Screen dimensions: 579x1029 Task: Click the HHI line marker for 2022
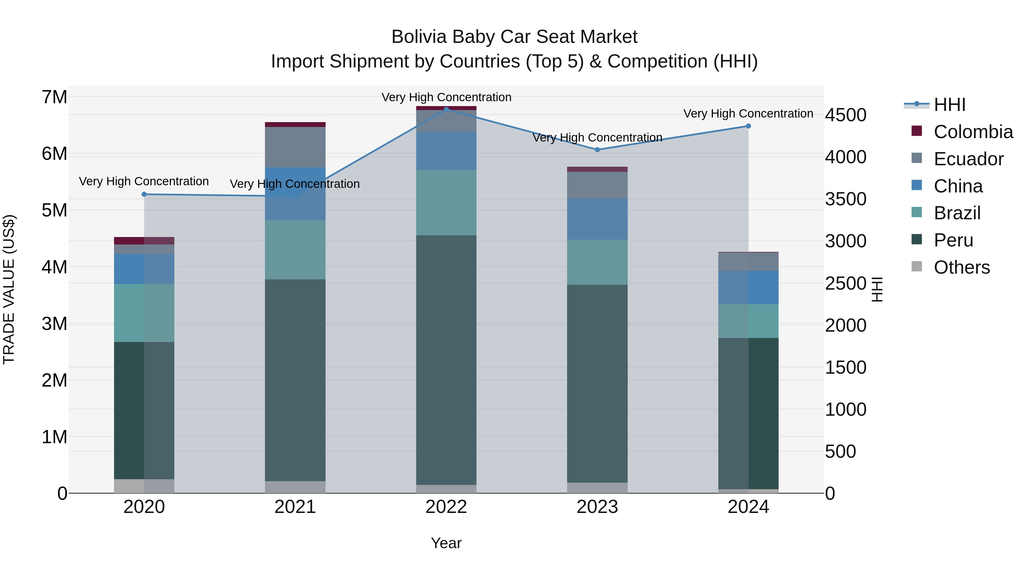click(x=446, y=109)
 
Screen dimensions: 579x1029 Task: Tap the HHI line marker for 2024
click(x=748, y=126)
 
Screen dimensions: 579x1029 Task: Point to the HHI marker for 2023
click(x=597, y=150)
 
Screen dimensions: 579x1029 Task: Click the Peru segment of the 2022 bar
click(x=446, y=360)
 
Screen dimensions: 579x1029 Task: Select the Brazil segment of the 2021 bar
click(x=295, y=250)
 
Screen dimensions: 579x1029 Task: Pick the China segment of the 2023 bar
click(x=597, y=219)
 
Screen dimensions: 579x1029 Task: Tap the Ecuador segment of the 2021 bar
click(x=295, y=147)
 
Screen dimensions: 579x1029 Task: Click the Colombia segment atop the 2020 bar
click(x=144, y=240)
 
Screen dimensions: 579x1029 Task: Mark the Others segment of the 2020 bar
click(x=144, y=486)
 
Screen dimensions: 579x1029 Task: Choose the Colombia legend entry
click(x=973, y=132)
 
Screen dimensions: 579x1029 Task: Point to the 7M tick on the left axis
click(x=55, y=97)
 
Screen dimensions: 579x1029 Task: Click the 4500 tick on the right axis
click(x=845, y=115)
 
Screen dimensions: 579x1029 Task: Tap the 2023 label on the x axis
click(x=597, y=507)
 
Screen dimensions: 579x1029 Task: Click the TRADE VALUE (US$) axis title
click(x=9, y=289)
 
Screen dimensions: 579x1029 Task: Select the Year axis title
click(x=446, y=543)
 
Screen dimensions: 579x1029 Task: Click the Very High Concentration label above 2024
click(x=748, y=114)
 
